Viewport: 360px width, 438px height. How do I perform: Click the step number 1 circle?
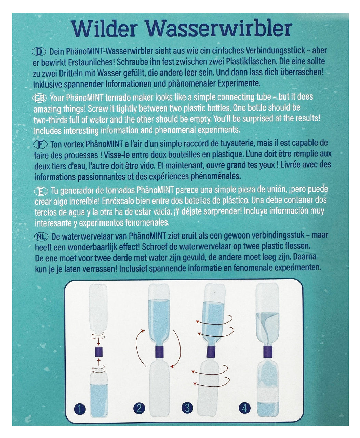coord(79,409)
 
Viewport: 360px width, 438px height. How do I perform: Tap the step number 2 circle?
coord(139,408)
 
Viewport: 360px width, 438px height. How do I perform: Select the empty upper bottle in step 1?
coord(98,308)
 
